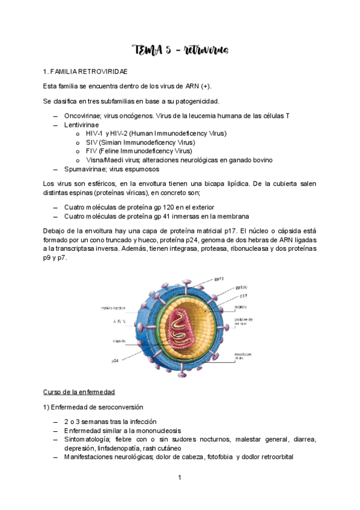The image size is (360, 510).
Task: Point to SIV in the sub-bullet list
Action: point(93,142)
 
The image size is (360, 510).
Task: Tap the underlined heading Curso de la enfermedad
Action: point(79,392)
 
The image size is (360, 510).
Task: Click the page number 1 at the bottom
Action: point(180,478)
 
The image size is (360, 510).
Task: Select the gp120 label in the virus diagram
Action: point(241,287)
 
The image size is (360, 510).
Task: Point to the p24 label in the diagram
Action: point(115,361)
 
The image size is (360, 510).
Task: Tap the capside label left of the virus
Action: point(119,341)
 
